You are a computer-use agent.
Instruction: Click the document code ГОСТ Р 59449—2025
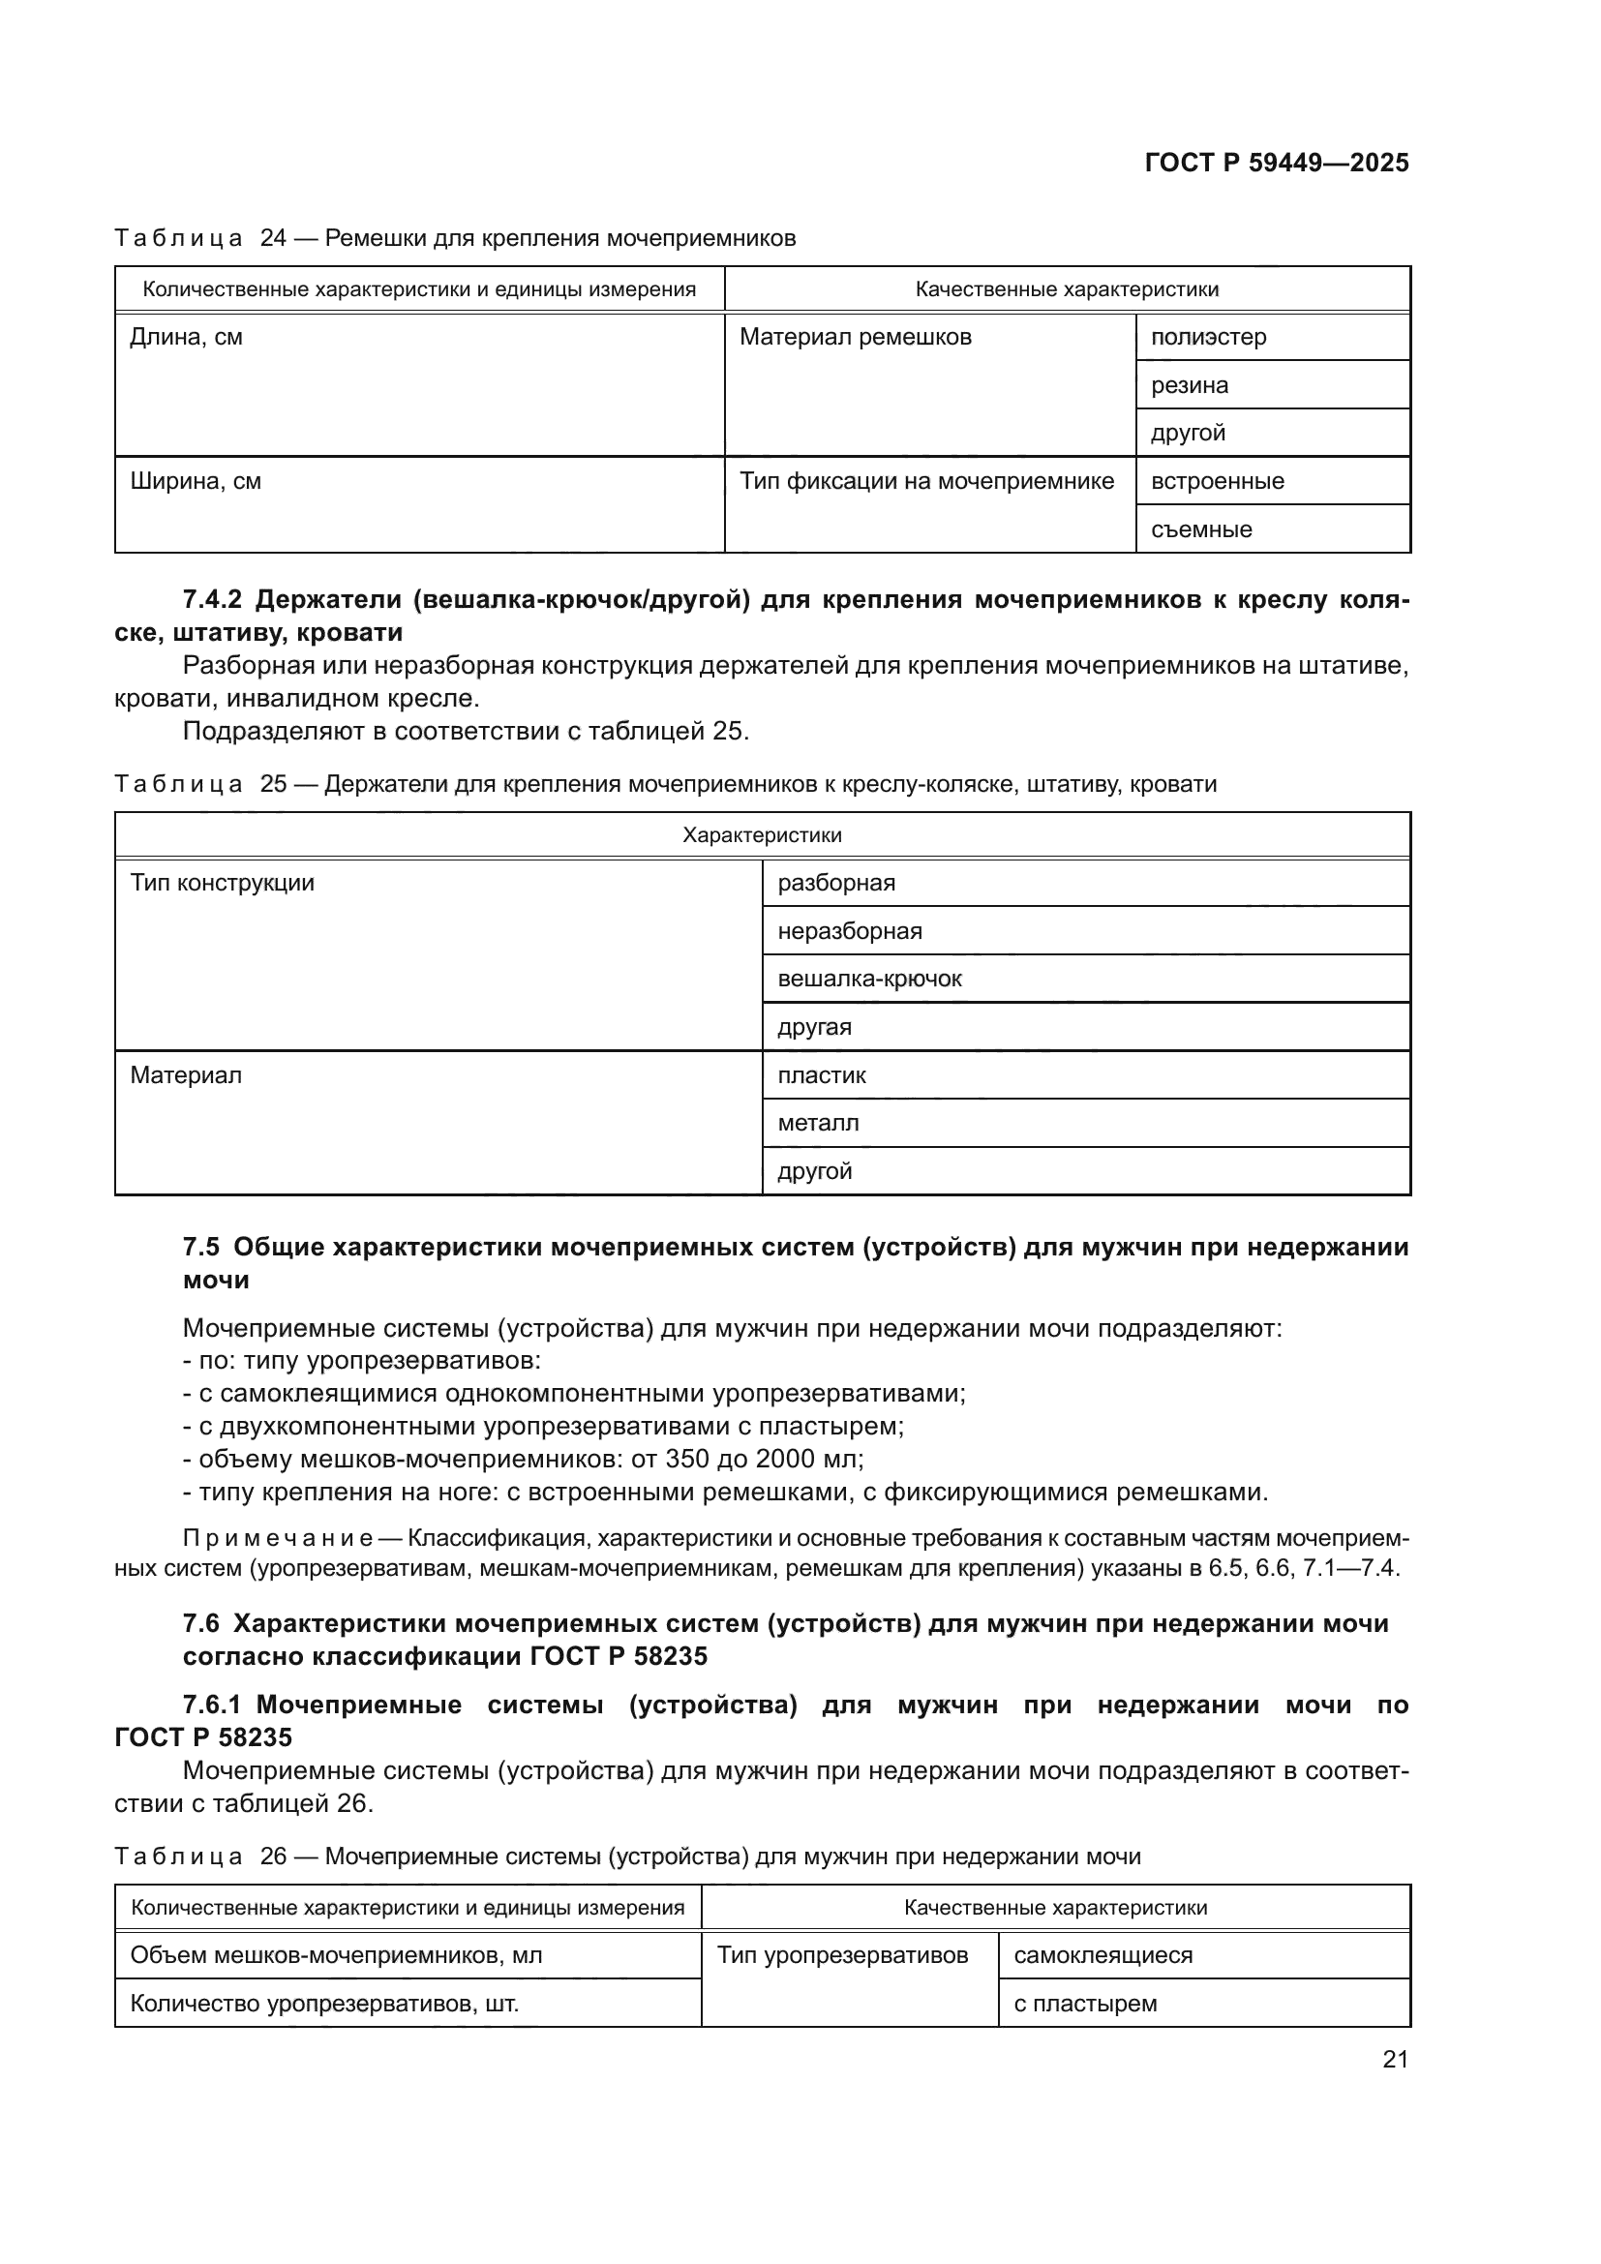1277,163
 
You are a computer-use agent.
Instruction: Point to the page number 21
1395,2059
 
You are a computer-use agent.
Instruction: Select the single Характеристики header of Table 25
762,835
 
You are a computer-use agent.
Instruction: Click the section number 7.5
201,1248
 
